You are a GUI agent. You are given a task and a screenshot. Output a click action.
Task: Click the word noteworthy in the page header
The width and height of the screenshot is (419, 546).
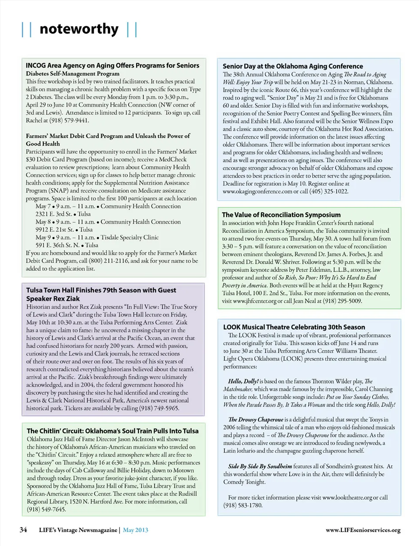79,29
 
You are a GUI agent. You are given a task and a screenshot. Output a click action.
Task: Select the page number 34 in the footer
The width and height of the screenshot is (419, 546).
23,530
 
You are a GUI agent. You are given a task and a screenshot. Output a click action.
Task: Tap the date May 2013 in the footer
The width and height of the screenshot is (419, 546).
135,530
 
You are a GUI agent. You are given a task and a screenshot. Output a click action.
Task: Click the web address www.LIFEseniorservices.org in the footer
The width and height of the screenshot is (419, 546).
363,530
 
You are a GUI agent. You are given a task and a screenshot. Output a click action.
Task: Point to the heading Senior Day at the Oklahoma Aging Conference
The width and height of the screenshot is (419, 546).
292,66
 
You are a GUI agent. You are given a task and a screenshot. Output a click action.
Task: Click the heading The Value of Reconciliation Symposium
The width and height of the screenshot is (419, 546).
281,215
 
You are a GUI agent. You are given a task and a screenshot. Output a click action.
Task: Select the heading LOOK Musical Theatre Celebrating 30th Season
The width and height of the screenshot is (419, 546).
294,327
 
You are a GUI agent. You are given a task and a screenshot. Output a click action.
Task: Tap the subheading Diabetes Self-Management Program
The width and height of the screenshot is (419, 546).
72,74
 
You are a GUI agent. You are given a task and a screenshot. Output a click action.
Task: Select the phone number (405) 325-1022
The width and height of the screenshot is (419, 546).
329,191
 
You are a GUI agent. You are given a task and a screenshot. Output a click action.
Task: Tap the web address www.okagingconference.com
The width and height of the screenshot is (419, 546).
257,191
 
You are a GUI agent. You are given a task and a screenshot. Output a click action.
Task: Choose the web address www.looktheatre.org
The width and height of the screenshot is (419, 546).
347,498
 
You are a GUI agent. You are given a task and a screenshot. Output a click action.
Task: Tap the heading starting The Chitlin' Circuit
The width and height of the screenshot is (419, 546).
113,431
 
